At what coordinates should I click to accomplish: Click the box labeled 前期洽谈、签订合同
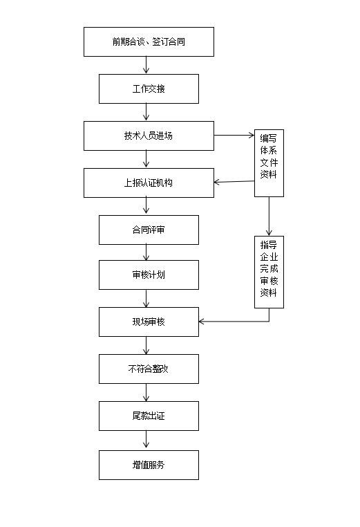pyautogui.click(x=149, y=41)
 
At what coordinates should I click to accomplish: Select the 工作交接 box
pyautogui.click(x=149, y=89)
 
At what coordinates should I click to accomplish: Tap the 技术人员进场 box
pyautogui.click(x=149, y=136)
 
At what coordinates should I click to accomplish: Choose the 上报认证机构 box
pyautogui.click(x=149, y=183)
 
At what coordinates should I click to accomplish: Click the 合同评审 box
pyautogui.click(x=149, y=230)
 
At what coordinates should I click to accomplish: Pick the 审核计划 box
pyautogui.click(x=149, y=275)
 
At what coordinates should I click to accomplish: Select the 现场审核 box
pyautogui.click(x=149, y=322)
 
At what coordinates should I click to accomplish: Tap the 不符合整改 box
pyautogui.click(x=149, y=369)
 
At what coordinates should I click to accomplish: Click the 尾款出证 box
pyautogui.click(x=149, y=416)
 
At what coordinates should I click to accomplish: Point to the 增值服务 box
pyautogui.click(x=149, y=465)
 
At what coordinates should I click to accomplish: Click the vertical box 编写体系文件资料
pyautogui.click(x=269, y=163)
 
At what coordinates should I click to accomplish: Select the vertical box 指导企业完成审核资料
pyautogui.click(x=269, y=272)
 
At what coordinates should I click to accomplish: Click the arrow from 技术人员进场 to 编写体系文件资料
pyautogui.click(x=234, y=136)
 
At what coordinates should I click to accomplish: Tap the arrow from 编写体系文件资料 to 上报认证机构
pyautogui.click(x=234, y=182)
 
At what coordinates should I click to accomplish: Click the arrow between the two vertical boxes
pyautogui.click(x=269, y=216)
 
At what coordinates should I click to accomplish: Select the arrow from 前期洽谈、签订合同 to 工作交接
pyautogui.click(x=146, y=65)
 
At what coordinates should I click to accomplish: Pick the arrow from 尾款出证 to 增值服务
pyautogui.click(x=146, y=441)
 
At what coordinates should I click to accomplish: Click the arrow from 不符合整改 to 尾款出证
pyautogui.click(x=146, y=392)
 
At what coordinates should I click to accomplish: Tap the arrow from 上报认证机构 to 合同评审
pyautogui.click(x=146, y=206)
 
